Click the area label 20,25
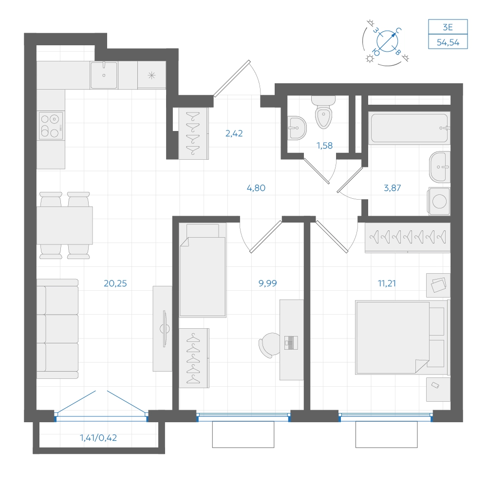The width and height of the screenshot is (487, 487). coord(115,283)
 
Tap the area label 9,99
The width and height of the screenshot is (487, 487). coord(267,283)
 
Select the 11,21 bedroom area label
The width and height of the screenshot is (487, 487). coord(387,283)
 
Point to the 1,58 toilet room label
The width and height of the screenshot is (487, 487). coord(324,145)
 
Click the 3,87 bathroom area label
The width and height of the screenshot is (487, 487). coord(392,188)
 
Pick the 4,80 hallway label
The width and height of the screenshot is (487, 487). coord(256,188)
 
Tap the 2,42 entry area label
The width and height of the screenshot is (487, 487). coord(234,133)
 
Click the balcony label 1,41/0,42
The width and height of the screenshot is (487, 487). coord(98,438)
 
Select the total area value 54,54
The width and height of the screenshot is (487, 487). coord(448,42)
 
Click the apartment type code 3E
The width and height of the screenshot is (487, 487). coord(448,27)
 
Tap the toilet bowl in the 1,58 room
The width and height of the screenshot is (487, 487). coord(324,112)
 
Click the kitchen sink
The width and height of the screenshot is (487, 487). coord(104,75)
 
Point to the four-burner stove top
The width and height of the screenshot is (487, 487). coord(51,126)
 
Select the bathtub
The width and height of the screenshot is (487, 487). coord(410,128)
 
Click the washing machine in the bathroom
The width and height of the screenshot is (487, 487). coord(439,201)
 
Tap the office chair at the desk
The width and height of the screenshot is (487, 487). coord(269,345)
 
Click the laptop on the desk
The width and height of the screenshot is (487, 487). coord(291,342)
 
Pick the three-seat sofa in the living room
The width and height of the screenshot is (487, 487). coord(57,329)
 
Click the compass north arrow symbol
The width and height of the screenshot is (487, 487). coord(387,41)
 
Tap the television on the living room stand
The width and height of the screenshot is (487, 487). coord(165,329)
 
